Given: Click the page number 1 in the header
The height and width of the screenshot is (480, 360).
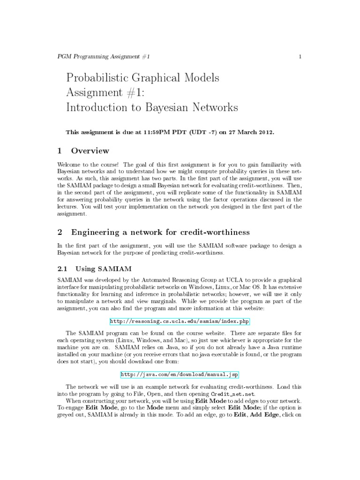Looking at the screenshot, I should pyautogui.click(x=300, y=57).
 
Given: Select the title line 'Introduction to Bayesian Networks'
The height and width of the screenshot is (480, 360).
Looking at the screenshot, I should pyautogui.click(x=152, y=107).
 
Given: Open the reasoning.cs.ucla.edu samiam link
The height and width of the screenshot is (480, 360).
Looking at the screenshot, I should pyautogui.click(x=180, y=321).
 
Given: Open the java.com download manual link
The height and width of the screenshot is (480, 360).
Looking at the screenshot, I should pyautogui.click(x=180, y=375).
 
